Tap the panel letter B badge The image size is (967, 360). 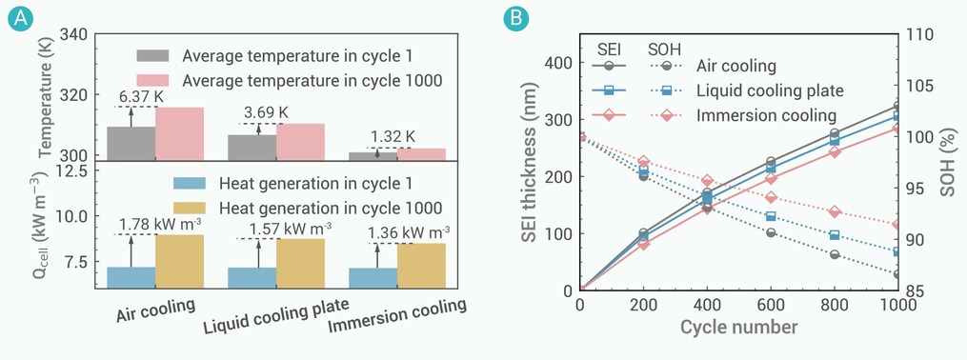[515, 19]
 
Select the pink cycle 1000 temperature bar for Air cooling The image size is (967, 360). [179, 133]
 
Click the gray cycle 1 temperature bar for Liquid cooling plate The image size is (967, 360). [252, 148]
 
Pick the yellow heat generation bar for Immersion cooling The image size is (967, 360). [421, 266]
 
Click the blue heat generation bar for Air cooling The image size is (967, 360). [131, 277]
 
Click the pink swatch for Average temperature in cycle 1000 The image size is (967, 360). [153, 81]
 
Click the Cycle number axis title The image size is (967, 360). [738, 326]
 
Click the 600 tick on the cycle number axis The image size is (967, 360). [771, 303]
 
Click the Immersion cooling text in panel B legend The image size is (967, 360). [767, 116]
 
